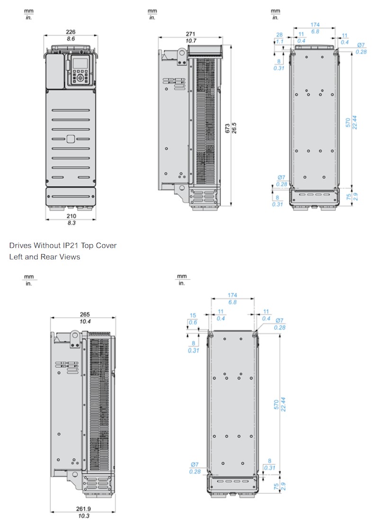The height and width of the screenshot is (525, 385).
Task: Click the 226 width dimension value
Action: [x=71, y=32]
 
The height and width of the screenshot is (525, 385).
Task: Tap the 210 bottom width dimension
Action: [x=71, y=216]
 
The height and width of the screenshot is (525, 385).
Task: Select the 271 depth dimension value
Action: [x=190, y=34]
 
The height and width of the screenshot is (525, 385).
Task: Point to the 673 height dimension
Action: [x=228, y=128]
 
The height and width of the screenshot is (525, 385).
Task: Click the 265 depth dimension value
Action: [x=85, y=314]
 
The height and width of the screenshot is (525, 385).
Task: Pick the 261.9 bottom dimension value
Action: [x=83, y=508]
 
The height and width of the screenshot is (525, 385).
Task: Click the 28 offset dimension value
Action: [x=279, y=35]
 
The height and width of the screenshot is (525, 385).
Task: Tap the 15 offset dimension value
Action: [x=193, y=315]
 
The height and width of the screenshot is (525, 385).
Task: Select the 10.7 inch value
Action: [x=191, y=41]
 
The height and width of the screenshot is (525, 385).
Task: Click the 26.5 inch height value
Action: [x=234, y=128]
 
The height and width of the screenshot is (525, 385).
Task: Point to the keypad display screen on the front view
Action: [x=80, y=63]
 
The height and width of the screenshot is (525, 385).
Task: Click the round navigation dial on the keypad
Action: [x=80, y=78]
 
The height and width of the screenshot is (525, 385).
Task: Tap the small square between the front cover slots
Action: [x=71, y=138]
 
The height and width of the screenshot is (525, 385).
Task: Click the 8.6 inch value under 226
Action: [x=71, y=39]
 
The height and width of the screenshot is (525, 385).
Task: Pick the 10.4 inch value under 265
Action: [x=85, y=322]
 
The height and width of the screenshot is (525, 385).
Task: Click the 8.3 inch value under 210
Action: [x=72, y=223]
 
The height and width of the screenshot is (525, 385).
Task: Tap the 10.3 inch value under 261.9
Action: [x=83, y=516]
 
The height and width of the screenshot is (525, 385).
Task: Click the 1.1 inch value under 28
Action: [x=279, y=42]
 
